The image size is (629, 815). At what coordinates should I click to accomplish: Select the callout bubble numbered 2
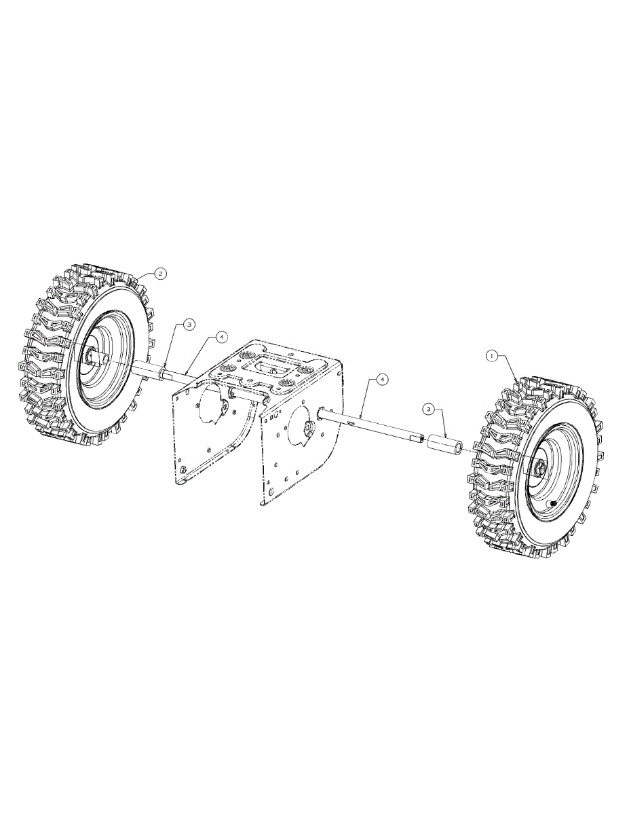(160, 274)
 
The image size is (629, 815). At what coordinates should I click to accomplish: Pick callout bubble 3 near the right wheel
(429, 409)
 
